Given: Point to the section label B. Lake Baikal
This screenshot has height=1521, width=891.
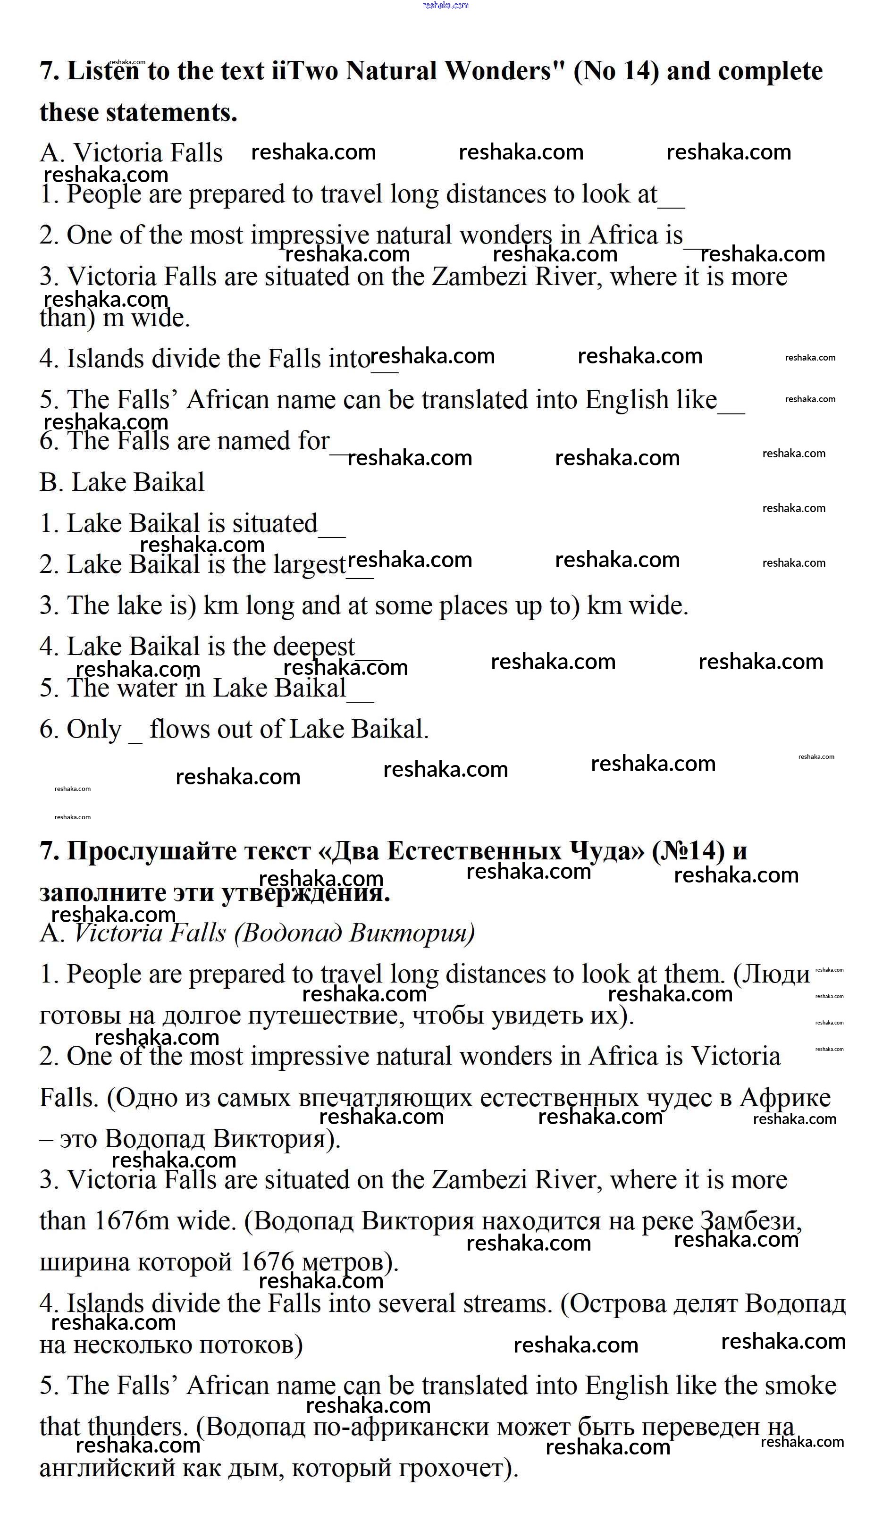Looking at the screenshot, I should pos(122,482).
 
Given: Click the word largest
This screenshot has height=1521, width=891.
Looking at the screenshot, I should pos(309,565).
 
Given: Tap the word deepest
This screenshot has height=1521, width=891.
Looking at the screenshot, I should pos(313,647).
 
